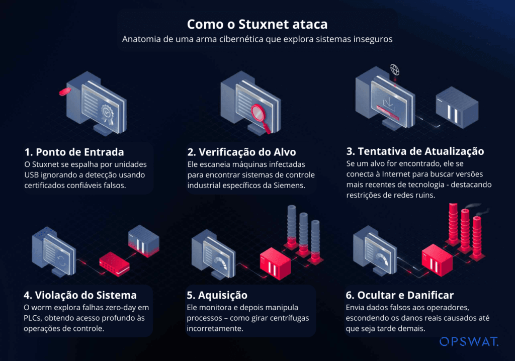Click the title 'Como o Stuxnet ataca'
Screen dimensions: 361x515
coord(257,24)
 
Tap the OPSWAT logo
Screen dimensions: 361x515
coord(469,342)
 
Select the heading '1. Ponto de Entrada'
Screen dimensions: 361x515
coord(74,152)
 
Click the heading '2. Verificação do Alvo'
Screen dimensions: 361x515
coord(241,152)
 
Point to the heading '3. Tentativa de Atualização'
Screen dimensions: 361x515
coord(415,151)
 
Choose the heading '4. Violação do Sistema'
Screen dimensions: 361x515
coord(80,295)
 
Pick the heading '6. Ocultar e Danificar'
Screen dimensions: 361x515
coord(400,295)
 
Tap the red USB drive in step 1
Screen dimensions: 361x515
coord(64,92)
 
